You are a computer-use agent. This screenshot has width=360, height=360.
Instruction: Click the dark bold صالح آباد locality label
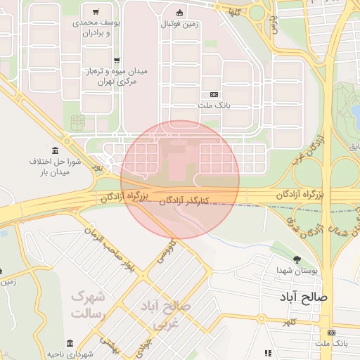(303, 297)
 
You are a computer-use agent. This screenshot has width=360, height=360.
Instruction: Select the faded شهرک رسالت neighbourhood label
(89, 304)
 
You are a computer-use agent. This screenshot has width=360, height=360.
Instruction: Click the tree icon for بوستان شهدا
(297, 259)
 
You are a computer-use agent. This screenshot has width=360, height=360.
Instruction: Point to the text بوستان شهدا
(297, 271)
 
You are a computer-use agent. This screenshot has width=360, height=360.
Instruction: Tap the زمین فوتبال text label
(179, 25)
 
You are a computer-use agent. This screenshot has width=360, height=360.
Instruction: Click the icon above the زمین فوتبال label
(179, 13)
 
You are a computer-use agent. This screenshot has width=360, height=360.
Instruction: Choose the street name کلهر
(289, 322)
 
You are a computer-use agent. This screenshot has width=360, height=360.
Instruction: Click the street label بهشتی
(107, 344)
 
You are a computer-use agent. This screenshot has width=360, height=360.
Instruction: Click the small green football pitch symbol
(77, 123)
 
